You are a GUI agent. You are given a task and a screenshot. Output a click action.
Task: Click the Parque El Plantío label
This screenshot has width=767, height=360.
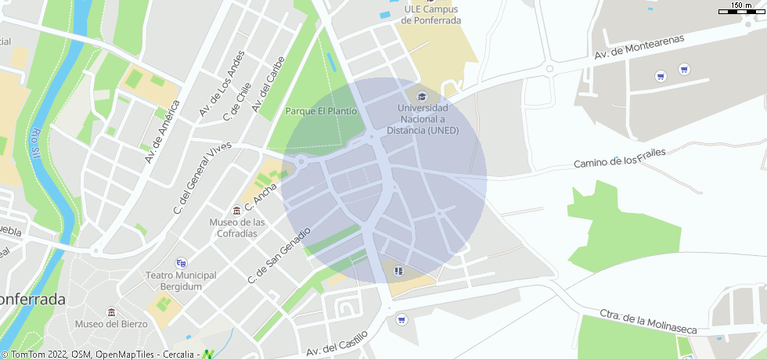[321, 111]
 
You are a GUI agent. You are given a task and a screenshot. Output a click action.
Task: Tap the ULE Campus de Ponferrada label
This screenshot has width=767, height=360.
[430, 15]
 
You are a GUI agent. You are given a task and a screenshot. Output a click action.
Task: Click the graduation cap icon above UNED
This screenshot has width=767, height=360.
[423, 96]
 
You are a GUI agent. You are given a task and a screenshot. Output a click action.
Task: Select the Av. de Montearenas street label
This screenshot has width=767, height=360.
[639, 47]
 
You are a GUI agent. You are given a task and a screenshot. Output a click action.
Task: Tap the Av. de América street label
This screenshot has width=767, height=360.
[162, 131]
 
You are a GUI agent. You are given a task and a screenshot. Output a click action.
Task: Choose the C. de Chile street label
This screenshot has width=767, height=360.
[236, 102]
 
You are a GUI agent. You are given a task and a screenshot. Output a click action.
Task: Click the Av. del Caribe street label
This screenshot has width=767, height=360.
[268, 88]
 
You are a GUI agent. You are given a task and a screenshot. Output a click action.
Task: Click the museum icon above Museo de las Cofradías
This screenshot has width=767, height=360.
[236, 211]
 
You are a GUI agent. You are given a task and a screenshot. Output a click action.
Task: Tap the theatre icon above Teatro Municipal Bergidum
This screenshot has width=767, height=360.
[182, 263]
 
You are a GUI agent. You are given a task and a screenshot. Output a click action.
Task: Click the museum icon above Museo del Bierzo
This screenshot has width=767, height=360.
[111, 311]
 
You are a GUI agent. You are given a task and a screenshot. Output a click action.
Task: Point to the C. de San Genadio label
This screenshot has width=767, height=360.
[279, 255]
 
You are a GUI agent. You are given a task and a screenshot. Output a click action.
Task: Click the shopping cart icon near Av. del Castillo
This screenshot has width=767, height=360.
[402, 319]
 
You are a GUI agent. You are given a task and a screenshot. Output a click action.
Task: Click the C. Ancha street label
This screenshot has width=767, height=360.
[261, 198]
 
